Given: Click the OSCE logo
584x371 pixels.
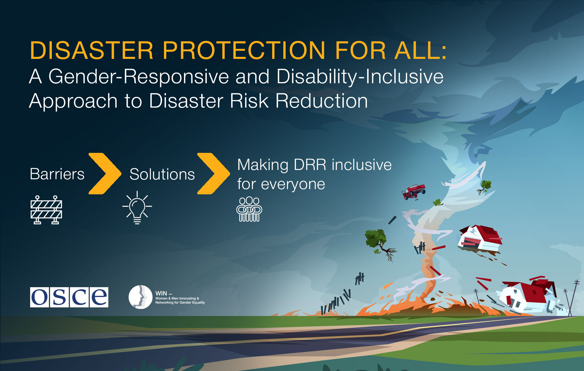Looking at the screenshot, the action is [x=69, y=297].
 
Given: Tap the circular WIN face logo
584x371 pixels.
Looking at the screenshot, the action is [x=140, y=297].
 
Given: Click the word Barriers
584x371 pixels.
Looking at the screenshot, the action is [x=57, y=174].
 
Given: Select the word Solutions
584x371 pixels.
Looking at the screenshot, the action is [x=162, y=174].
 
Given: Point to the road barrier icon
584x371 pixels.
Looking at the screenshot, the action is [x=46, y=210].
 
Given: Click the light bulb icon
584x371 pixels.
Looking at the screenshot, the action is [x=137, y=208].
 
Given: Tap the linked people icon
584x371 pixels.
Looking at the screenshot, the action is [x=249, y=209].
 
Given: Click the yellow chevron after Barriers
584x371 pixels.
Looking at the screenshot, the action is [x=105, y=173].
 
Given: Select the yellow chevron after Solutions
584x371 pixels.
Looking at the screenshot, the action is [x=213, y=173].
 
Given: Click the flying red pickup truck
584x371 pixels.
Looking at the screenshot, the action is [x=414, y=192].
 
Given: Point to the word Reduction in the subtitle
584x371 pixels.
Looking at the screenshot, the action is [x=322, y=101].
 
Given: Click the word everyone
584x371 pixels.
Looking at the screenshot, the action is [x=293, y=184].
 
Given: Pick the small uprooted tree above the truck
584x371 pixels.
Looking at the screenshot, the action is [x=485, y=187].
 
